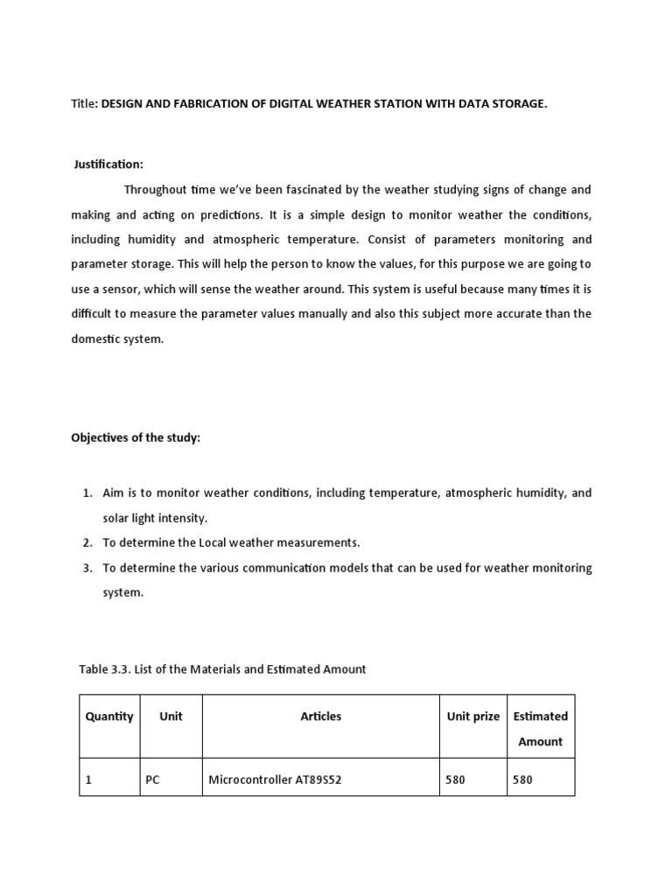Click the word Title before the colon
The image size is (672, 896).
coord(84,104)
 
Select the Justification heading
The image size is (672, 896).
coord(109,164)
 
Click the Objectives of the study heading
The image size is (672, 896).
coord(136,437)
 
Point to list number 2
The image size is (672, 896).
coord(87,542)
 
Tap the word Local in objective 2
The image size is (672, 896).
coord(196,542)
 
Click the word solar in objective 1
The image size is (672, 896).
coord(117,518)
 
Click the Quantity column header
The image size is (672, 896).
coord(109,716)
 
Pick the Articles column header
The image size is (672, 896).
coord(321,716)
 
